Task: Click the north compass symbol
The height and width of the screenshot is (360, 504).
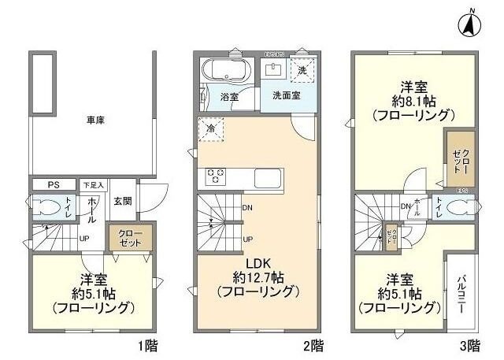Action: point(469,24)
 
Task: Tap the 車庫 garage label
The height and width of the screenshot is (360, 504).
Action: point(96,120)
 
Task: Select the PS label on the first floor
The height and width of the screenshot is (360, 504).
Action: point(54,185)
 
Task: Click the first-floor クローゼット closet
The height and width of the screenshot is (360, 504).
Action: point(130,238)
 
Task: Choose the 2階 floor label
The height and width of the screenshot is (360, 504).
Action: point(313,345)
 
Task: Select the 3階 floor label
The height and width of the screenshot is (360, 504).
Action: point(469,345)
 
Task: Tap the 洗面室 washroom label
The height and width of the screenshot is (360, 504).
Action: point(287,95)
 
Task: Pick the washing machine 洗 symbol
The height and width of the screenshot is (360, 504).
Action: point(304,71)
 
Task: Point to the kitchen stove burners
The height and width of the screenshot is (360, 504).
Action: point(216,176)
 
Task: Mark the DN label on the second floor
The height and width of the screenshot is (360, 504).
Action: point(247,208)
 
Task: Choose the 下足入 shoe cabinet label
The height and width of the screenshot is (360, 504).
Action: point(93,185)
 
